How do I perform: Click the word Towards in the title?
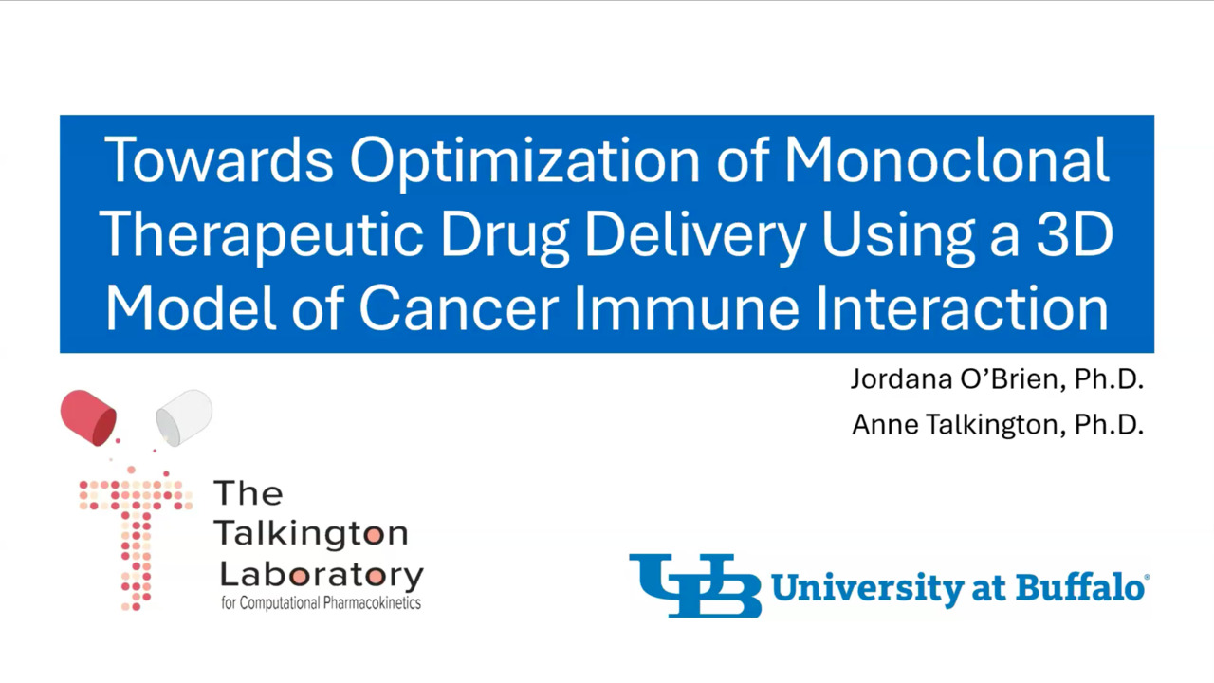tap(219, 160)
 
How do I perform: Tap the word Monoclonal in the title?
tap(947, 159)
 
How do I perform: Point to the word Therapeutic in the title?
tap(261, 236)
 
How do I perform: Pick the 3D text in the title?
tap(1075, 234)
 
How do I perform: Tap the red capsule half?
tap(88, 417)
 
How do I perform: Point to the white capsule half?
tap(184, 417)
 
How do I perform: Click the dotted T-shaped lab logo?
tap(136, 538)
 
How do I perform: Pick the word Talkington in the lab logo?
tap(312, 533)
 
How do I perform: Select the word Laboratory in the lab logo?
tap(322, 575)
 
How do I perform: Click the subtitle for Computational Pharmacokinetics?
tap(321, 602)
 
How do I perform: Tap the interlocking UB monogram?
tap(695, 585)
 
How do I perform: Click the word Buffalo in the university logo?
tap(1079, 587)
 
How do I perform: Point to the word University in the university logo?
tap(867, 589)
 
